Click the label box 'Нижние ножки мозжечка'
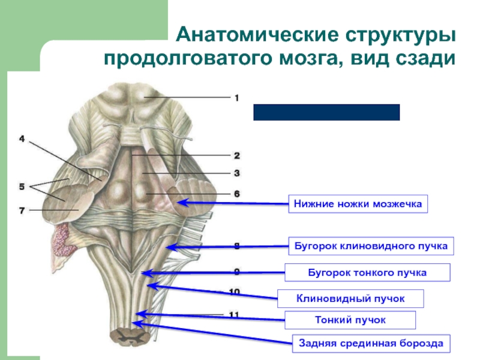[x=358, y=204]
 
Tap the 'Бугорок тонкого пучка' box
[x=367, y=272]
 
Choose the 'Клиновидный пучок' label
[x=351, y=298]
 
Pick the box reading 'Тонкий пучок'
[x=350, y=320]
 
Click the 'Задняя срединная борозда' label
[x=371, y=344]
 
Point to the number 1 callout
[x=236, y=97]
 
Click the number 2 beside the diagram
[x=236, y=156]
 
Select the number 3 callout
[x=236, y=173]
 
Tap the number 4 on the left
[x=22, y=139]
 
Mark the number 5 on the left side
[x=22, y=187]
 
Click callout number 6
[x=236, y=194]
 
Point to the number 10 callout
[x=235, y=292]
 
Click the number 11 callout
[x=235, y=314]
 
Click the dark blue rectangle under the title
[x=326, y=112]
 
